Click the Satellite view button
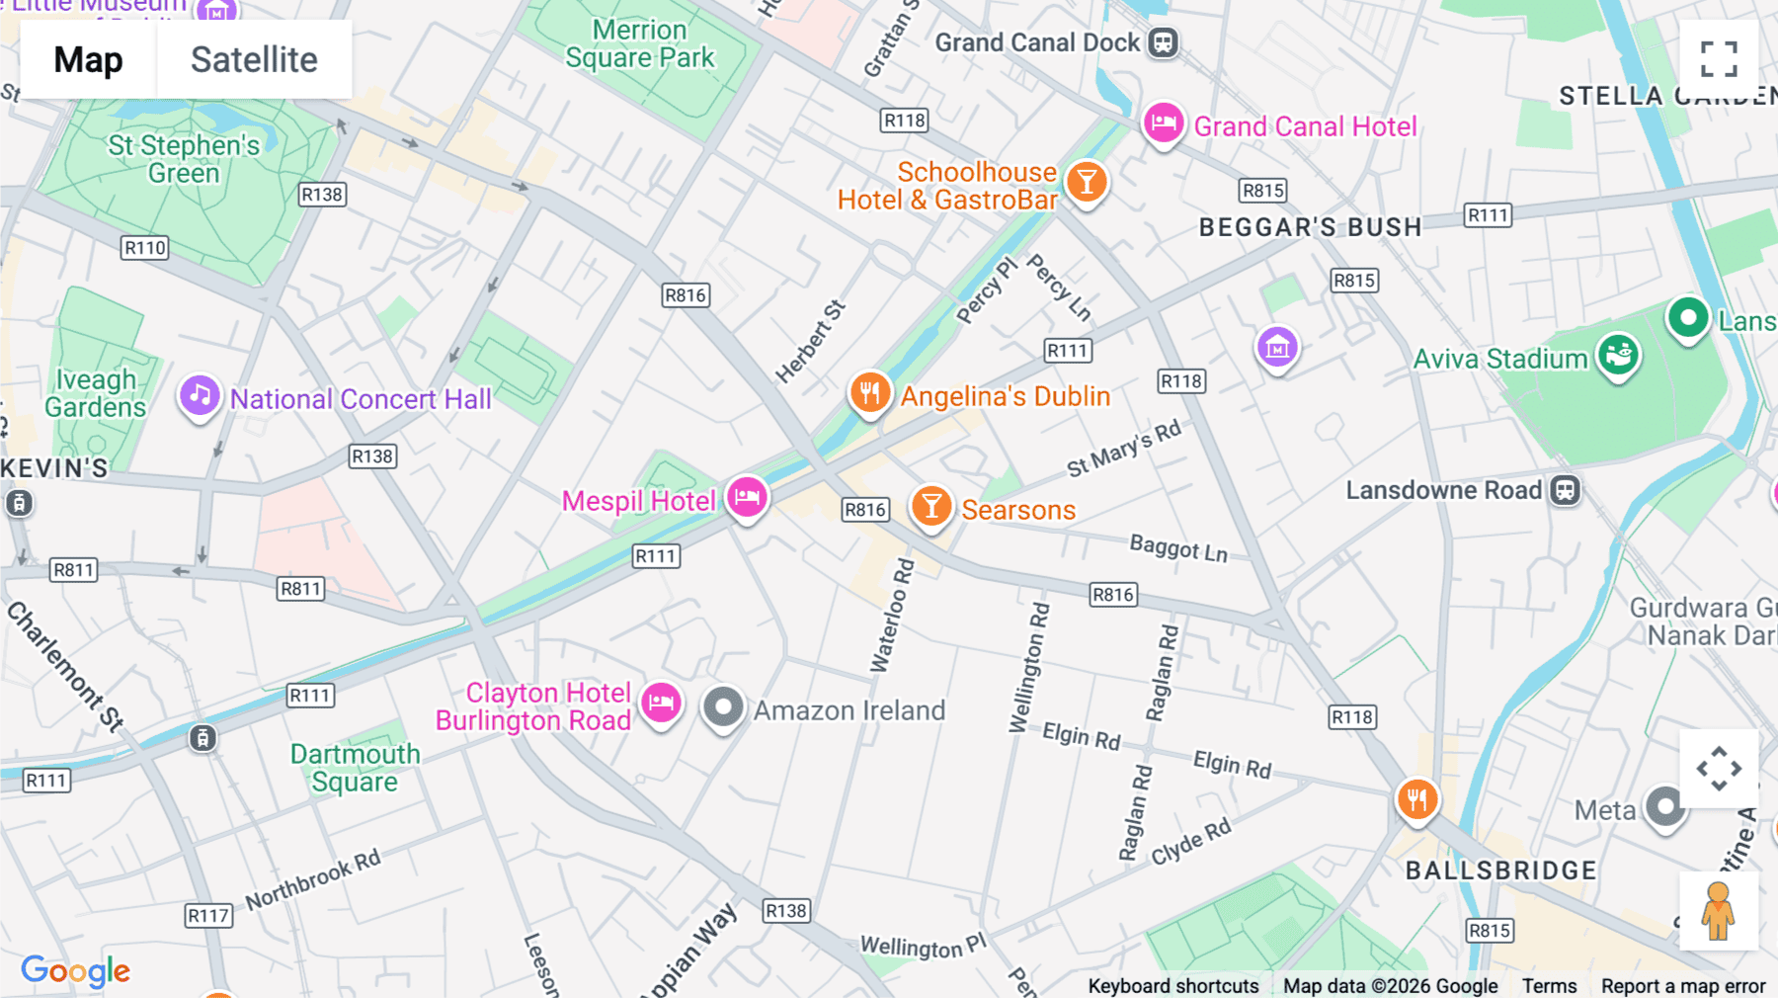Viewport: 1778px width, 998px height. tap(254, 60)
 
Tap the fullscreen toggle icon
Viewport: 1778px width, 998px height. tap(1719, 59)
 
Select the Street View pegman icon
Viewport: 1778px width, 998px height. tap(1718, 911)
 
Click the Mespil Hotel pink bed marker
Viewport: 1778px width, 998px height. tap(747, 496)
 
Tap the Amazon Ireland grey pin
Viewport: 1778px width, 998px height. tap(723, 707)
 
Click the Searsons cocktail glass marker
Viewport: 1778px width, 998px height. tap(930, 507)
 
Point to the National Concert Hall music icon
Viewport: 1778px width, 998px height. tap(200, 396)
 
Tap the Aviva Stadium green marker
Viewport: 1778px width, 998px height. tap(1618, 355)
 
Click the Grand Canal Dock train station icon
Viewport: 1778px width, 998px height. tap(1164, 43)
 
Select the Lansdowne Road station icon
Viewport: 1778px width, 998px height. tap(1566, 490)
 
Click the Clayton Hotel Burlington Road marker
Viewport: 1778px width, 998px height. tap(661, 704)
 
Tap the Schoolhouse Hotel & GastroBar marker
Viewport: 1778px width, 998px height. tap(1087, 183)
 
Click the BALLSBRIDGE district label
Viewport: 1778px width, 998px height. tap(1500, 871)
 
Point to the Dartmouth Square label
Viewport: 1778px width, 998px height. tap(355, 768)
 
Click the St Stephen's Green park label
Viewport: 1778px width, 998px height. tap(184, 159)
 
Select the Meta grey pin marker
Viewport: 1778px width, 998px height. tap(1665, 807)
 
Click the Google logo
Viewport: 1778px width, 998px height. tap(76, 971)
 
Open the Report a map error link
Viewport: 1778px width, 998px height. tap(1682, 986)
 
